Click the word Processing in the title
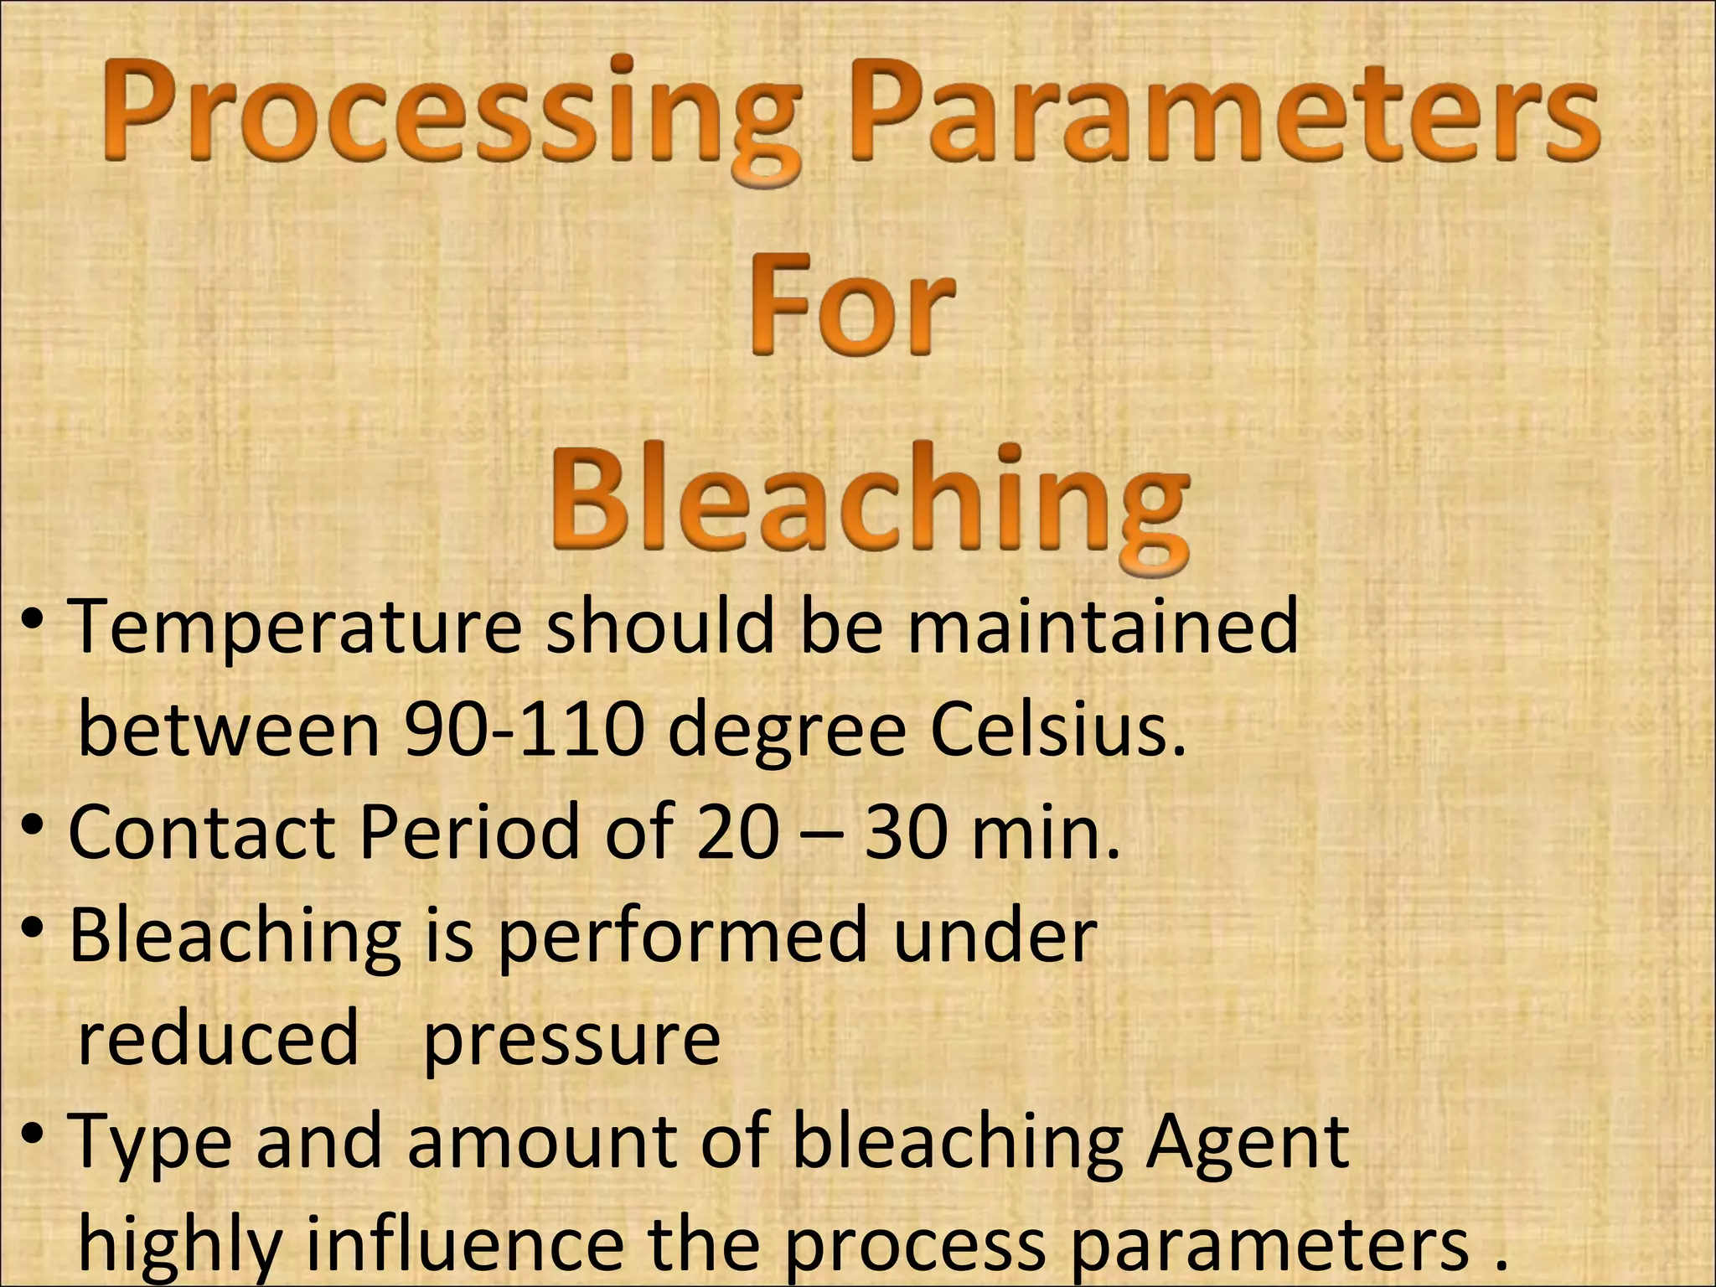[x=448, y=113]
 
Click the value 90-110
[x=524, y=729]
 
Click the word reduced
[x=218, y=1039]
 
